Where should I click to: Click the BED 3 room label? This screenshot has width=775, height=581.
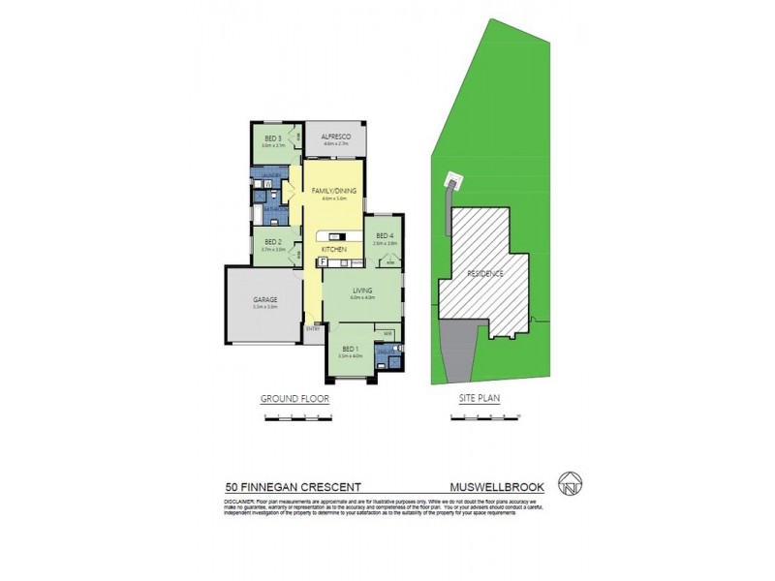tap(273, 138)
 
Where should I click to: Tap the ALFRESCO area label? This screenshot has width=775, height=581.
tap(335, 138)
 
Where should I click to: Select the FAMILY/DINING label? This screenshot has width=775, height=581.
tap(335, 192)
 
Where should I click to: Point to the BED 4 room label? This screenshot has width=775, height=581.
tap(384, 236)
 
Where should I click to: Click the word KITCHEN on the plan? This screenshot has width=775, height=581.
tap(335, 249)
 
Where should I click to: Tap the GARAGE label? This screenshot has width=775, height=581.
tap(264, 300)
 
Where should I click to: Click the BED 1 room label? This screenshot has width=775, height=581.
tap(349, 349)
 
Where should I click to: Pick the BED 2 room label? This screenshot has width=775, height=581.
tap(272, 242)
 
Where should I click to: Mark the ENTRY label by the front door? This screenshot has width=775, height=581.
tap(313, 329)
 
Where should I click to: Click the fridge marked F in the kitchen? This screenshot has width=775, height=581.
tap(320, 261)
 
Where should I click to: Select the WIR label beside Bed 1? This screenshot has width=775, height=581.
tap(387, 332)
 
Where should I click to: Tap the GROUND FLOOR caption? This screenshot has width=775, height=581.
tap(295, 399)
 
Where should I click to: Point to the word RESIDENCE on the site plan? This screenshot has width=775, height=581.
tap(485, 274)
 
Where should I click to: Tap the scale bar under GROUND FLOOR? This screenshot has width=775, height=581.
tap(299, 416)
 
